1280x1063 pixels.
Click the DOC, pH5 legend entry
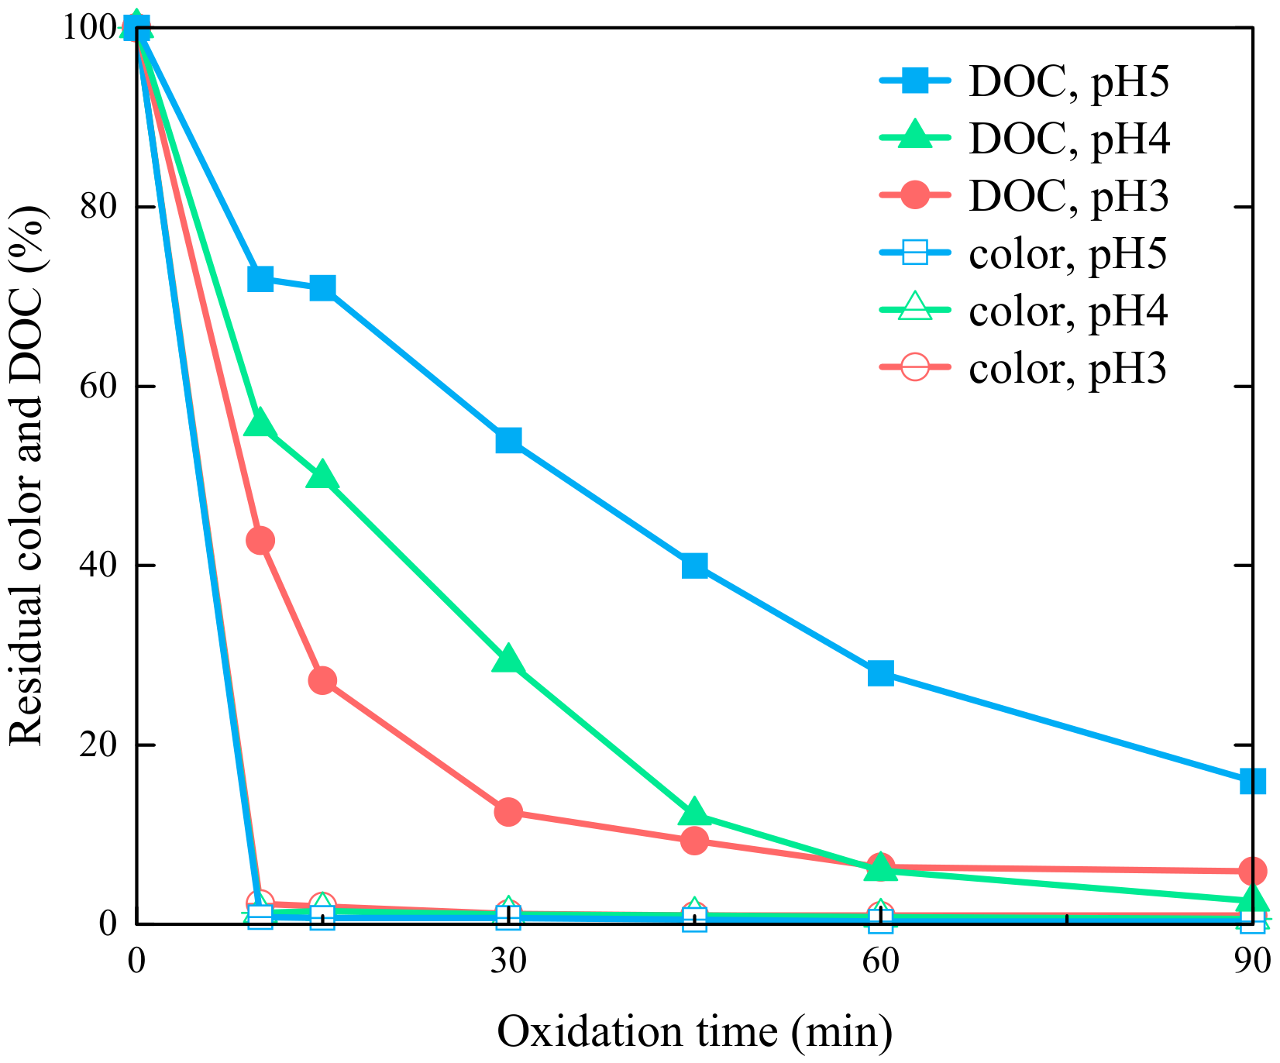[1024, 82]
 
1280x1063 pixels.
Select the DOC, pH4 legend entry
[1024, 139]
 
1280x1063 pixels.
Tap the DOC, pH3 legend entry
[1024, 196]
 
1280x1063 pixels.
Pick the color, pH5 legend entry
[1024, 253]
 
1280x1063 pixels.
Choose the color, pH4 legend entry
[1024, 310]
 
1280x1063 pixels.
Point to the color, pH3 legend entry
[1024, 367]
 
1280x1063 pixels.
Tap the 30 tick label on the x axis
[508, 961]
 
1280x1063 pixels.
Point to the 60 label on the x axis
[881, 961]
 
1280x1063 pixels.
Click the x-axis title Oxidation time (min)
[695, 1032]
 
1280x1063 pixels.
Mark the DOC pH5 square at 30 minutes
[508, 440]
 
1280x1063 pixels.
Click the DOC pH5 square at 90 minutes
[1252, 781]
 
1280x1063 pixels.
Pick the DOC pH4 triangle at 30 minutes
[508, 659]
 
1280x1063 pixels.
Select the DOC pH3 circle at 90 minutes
[1252, 871]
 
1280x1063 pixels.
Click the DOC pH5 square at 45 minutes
[694, 566]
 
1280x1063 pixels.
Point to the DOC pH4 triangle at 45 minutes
[694, 811]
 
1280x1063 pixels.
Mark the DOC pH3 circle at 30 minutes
[508, 812]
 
